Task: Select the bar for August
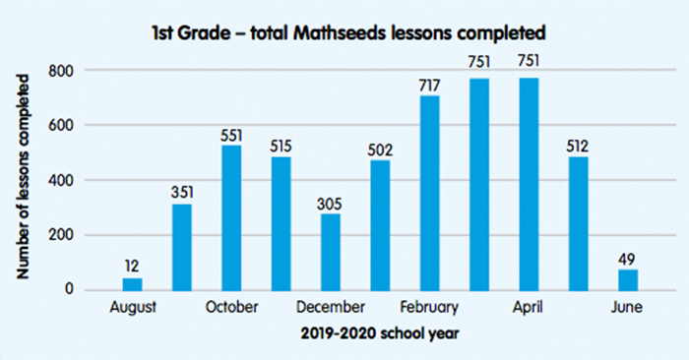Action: tap(132, 283)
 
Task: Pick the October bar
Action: tap(231, 217)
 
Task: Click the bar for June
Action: tap(628, 279)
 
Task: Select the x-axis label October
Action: tap(231, 308)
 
